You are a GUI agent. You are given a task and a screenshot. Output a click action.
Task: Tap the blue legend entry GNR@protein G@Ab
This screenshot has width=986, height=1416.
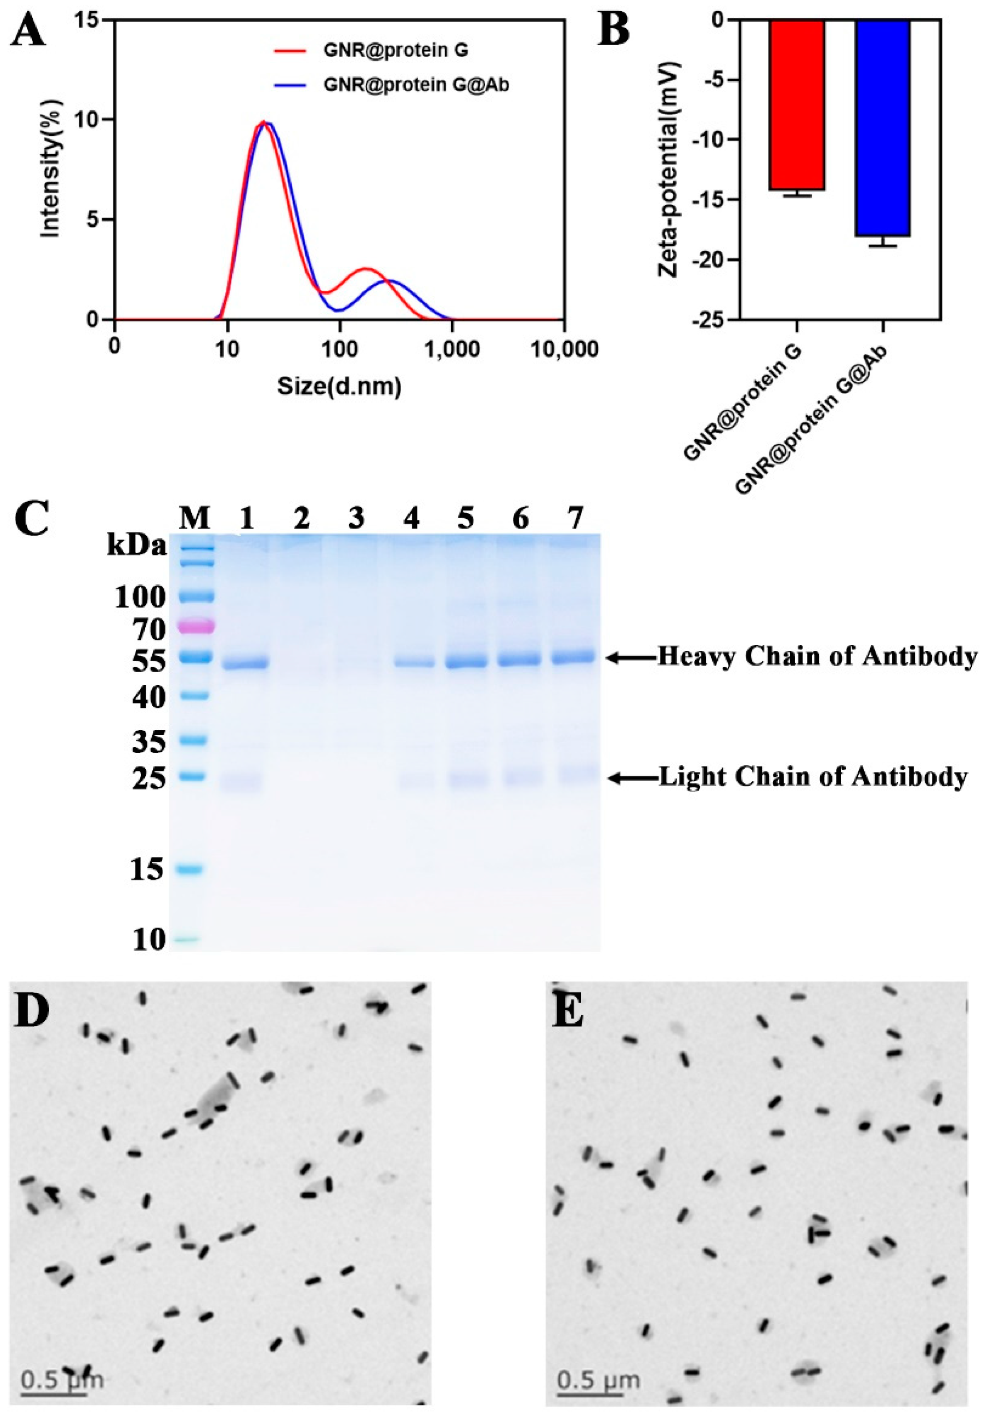click(x=416, y=86)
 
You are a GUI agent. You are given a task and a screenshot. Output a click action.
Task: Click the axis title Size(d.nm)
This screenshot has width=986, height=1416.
click(x=340, y=387)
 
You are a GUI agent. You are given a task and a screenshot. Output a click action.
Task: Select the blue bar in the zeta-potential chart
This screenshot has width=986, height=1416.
click(x=882, y=128)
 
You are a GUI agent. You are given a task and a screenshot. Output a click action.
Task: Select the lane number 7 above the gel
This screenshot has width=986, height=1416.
click(x=575, y=518)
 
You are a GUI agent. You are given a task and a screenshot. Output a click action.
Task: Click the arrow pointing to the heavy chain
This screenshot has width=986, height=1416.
click(x=629, y=658)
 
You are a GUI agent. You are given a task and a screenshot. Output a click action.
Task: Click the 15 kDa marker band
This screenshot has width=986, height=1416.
click(x=196, y=870)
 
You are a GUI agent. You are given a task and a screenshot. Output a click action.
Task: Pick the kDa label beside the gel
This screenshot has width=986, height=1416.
click(x=136, y=546)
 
